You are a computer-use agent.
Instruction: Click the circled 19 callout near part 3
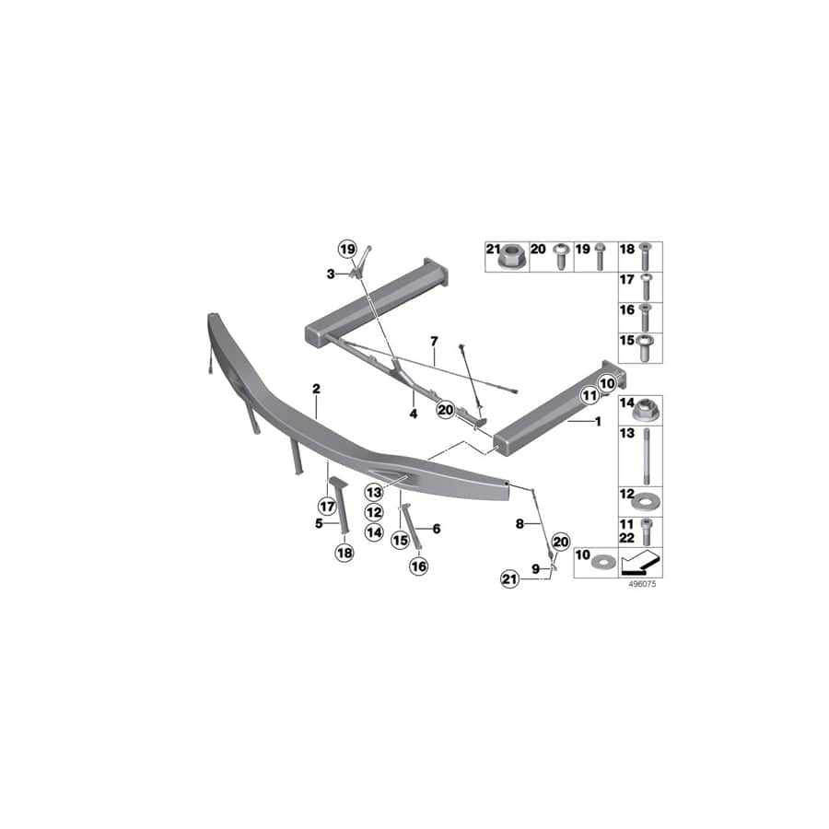[x=346, y=250]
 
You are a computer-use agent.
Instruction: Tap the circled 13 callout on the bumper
[x=373, y=492]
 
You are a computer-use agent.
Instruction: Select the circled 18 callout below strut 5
[x=344, y=553]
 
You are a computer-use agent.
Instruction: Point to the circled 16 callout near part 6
[x=418, y=566]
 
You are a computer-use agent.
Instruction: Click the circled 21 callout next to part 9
[x=509, y=578]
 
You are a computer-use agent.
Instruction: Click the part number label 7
[x=433, y=342]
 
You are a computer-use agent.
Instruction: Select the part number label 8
[x=520, y=523]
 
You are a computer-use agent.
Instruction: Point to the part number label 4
[x=414, y=414]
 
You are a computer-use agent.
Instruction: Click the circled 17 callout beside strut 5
[x=325, y=505]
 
